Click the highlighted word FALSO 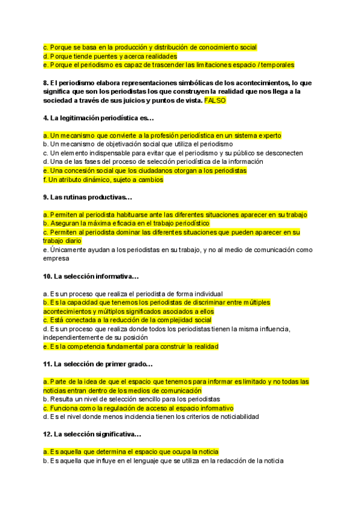click(215, 101)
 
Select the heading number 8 click(46, 83)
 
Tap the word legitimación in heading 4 click(82, 118)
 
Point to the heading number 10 click(47, 277)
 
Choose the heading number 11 click(47, 364)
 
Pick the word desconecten click(282, 153)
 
